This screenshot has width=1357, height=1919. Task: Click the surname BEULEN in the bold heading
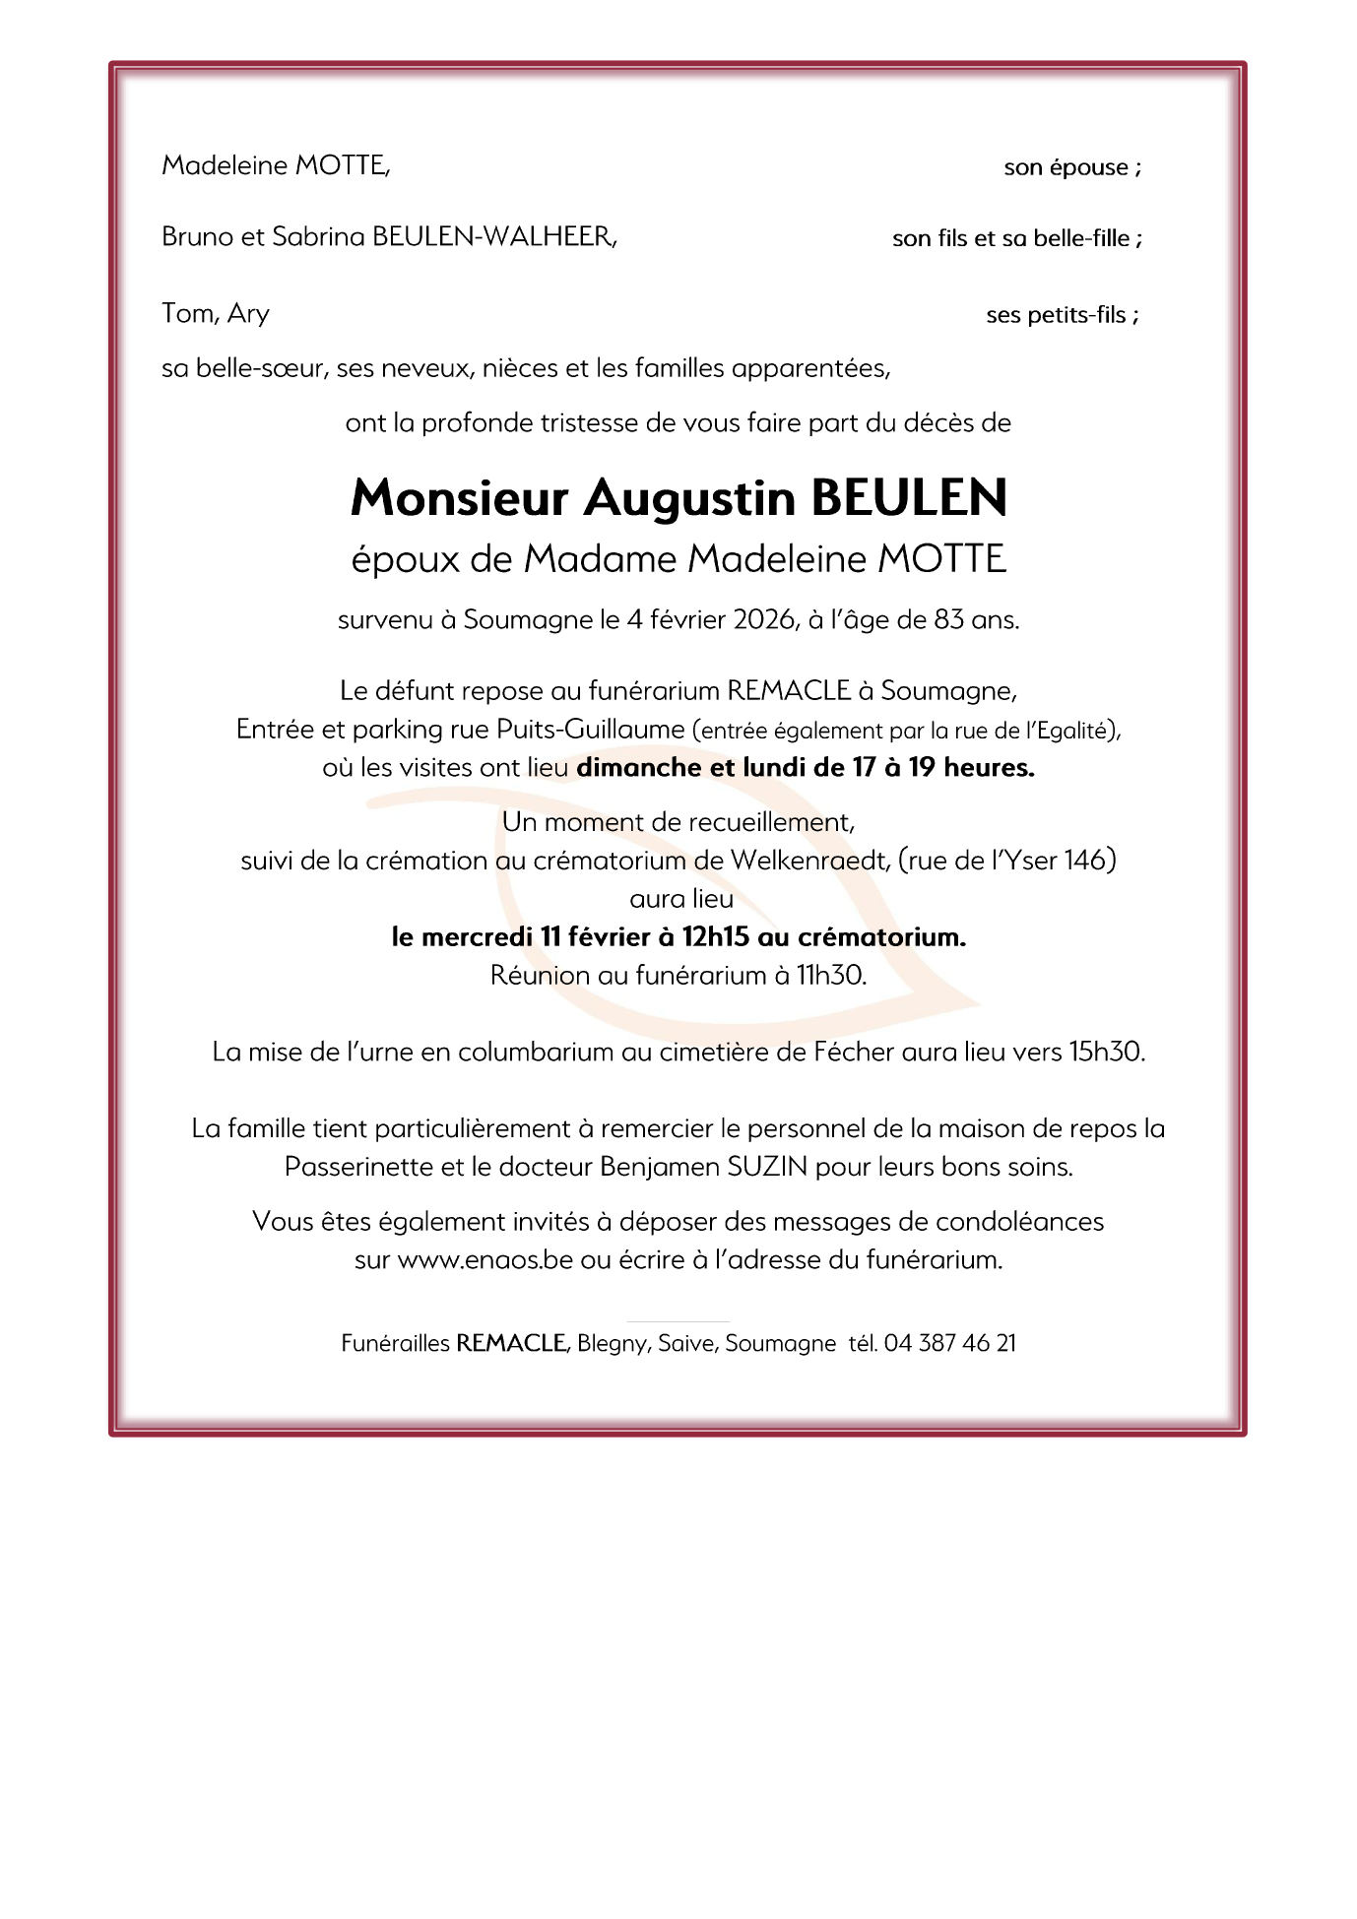(x=909, y=498)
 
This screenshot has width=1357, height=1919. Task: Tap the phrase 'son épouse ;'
(x=1072, y=167)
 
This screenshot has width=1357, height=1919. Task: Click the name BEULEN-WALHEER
(x=493, y=237)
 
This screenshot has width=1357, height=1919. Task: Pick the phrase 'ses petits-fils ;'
(x=1063, y=315)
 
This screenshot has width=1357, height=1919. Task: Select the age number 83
(x=948, y=620)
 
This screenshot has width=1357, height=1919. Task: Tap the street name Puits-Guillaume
(x=590, y=730)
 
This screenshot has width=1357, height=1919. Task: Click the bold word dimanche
(x=639, y=768)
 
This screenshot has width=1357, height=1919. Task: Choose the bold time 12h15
(x=715, y=937)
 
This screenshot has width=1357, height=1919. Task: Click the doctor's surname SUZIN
(x=767, y=1168)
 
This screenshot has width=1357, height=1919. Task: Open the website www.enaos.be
(x=485, y=1260)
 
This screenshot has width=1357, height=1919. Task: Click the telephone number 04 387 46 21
(x=949, y=1344)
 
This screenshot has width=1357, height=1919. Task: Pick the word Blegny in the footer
(x=612, y=1344)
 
